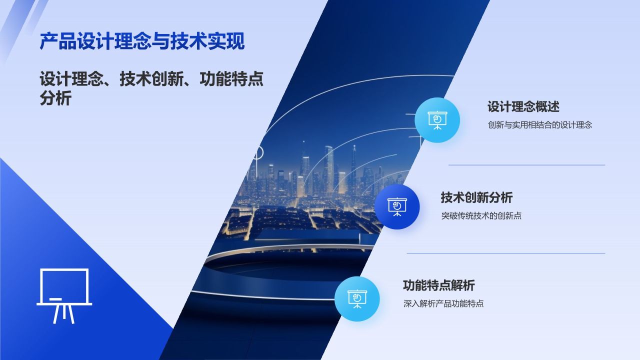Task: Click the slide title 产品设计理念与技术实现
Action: (142, 41)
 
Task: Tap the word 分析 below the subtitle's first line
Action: (55, 98)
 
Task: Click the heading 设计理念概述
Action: (523, 106)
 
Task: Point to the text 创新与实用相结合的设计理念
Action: (539, 125)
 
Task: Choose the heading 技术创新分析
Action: (476, 197)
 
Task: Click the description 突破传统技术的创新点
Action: (481, 216)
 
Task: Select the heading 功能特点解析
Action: (438, 285)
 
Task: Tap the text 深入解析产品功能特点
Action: (443, 303)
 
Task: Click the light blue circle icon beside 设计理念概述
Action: (437, 120)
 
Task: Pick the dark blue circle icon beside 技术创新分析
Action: (397, 206)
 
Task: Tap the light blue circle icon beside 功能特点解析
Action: (357, 298)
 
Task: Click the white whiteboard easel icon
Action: (64, 295)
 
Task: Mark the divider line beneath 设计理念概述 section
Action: (526, 165)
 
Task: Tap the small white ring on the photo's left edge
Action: (258, 152)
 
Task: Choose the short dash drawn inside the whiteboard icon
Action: (56, 299)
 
